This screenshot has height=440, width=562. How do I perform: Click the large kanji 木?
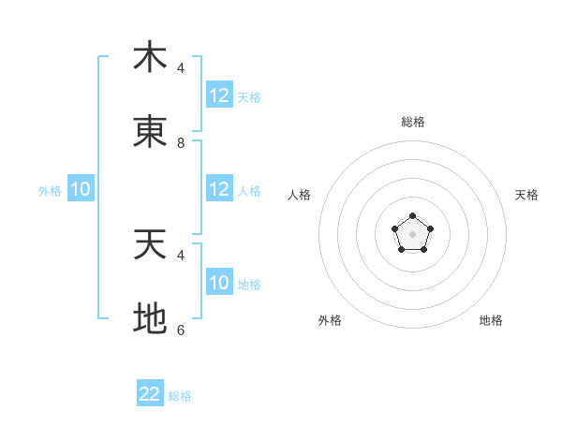click(150, 57)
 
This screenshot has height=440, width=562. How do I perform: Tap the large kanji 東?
click(150, 132)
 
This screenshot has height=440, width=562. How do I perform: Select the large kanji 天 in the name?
click(150, 245)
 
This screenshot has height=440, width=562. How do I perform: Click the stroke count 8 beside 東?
click(181, 143)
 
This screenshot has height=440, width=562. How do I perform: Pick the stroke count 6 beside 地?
click(181, 330)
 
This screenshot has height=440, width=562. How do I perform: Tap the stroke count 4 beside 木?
click(181, 68)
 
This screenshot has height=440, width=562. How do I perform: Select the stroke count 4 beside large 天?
click(181, 255)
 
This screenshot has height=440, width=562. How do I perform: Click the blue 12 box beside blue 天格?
click(219, 95)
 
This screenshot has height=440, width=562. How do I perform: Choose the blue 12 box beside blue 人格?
click(219, 189)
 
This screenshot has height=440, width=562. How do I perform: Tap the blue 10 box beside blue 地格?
click(219, 283)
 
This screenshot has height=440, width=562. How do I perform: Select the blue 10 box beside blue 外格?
click(81, 189)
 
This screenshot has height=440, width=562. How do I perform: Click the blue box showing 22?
click(150, 394)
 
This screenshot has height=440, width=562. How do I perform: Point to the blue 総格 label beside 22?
click(181, 396)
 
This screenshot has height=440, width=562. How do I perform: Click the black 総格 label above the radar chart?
click(412, 122)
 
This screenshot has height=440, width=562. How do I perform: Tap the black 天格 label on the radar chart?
click(526, 195)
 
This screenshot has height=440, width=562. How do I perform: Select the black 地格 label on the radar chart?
click(491, 320)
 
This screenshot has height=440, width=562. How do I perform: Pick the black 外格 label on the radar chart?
click(330, 320)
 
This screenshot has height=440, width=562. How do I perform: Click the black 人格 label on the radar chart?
click(299, 195)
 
